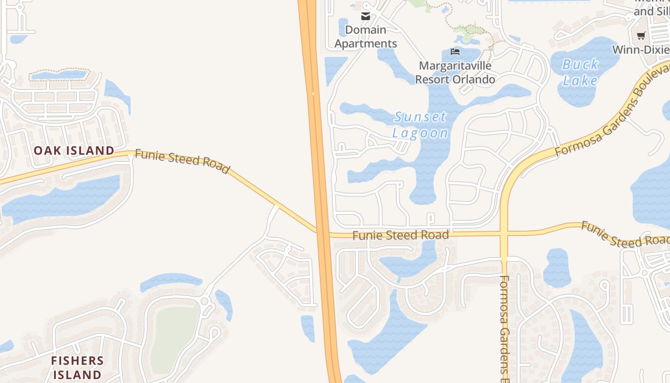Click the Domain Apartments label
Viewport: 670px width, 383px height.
[x=366, y=37]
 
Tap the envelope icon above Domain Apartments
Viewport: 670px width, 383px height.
[x=366, y=16]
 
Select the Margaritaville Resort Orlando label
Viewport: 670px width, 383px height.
[x=455, y=72]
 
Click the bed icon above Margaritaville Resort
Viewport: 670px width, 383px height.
[x=455, y=51]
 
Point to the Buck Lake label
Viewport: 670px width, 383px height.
[x=580, y=72]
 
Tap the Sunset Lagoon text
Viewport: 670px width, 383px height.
[x=420, y=124]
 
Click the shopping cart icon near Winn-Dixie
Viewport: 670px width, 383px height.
[x=641, y=35]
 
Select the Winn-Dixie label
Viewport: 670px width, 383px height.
[x=640, y=50]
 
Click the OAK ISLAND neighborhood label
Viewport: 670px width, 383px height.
[x=74, y=151]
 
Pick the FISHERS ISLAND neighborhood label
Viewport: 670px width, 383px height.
[x=77, y=367]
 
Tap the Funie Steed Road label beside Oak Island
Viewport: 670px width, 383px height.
[x=182, y=161]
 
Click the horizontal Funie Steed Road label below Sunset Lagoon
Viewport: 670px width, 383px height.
[x=401, y=235]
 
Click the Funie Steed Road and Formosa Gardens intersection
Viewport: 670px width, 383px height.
[x=504, y=234]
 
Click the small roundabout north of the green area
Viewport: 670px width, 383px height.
[x=204, y=301]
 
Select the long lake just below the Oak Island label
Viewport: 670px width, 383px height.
[x=62, y=199]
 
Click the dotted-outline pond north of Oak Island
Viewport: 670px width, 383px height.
[x=59, y=75]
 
